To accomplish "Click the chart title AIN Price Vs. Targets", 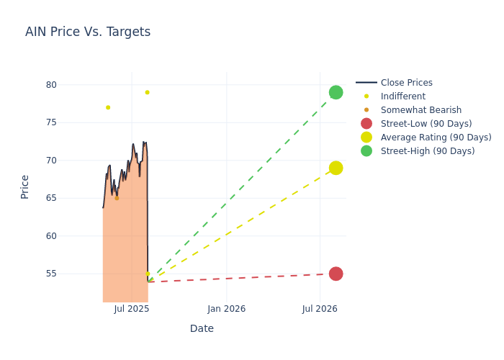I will (88, 32).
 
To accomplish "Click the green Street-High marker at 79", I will (336, 92).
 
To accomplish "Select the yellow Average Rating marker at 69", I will (336, 168).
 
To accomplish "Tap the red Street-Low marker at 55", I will (336, 274).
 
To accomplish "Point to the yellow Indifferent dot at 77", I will (108, 107).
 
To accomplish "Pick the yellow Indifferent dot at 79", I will (147, 92).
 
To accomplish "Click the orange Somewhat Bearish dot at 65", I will (117, 198).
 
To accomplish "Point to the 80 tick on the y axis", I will (51, 85).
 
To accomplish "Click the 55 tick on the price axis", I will (51, 274).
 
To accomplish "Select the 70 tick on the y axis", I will (51, 161).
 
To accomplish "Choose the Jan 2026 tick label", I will (226, 309).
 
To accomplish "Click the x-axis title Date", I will (202, 328).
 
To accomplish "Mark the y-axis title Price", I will (25, 186).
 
